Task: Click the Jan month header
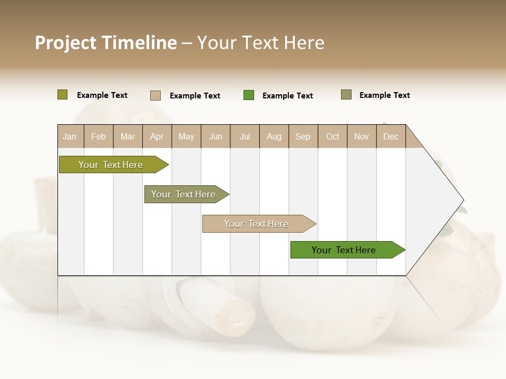click(x=70, y=136)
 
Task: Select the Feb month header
click(x=99, y=136)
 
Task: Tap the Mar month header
click(x=128, y=136)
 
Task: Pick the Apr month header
click(x=157, y=136)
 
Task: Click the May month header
click(x=186, y=136)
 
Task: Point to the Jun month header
click(x=216, y=136)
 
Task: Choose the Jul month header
click(x=245, y=136)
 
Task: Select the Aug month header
click(x=274, y=136)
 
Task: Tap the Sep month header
click(x=303, y=136)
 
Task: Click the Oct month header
click(x=333, y=136)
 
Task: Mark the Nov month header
click(x=362, y=136)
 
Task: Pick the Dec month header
click(x=391, y=136)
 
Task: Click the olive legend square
click(x=63, y=95)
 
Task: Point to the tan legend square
click(x=155, y=95)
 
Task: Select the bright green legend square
click(x=249, y=95)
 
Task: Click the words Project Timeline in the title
click(x=105, y=43)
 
